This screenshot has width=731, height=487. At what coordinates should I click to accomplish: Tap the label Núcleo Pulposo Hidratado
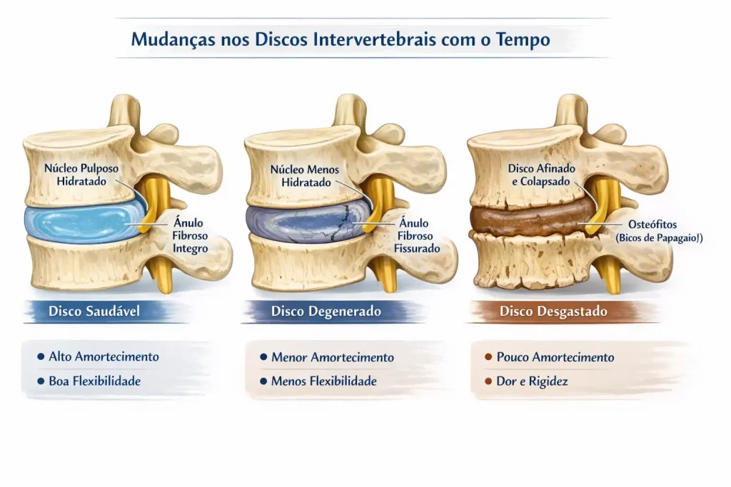click(x=81, y=175)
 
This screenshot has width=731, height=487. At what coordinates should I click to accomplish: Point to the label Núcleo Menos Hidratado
click(x=305, y=175)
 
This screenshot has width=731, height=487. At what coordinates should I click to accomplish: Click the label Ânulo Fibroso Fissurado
click(x=417, y=235)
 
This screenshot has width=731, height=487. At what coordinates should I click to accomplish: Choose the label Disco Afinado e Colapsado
click(x=541, y=175)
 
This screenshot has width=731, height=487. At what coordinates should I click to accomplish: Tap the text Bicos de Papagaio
click(x=659, y=238)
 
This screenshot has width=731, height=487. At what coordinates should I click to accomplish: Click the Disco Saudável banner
click(x=94, y=311)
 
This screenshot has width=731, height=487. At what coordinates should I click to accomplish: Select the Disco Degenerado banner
click(x=326, y=311)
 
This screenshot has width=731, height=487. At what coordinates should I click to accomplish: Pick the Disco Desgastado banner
click(x=553, y=311)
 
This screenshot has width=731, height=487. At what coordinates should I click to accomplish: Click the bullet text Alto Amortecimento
click(x=104, y=357)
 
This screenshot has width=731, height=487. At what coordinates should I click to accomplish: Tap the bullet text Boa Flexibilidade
click(x=95, y=381)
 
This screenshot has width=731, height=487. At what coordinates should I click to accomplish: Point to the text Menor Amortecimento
click(x=333, y=357)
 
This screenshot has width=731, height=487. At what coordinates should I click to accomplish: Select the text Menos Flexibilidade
click(x=324, y=381)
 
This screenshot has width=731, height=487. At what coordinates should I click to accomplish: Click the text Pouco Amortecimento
click(x=555, y=357)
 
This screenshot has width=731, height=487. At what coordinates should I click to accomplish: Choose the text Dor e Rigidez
click(x=532, y=381)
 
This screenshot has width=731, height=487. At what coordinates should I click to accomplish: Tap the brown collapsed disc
click(x=531, y=218)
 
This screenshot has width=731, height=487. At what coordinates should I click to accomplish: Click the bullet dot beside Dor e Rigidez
click(x=488, y=381)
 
